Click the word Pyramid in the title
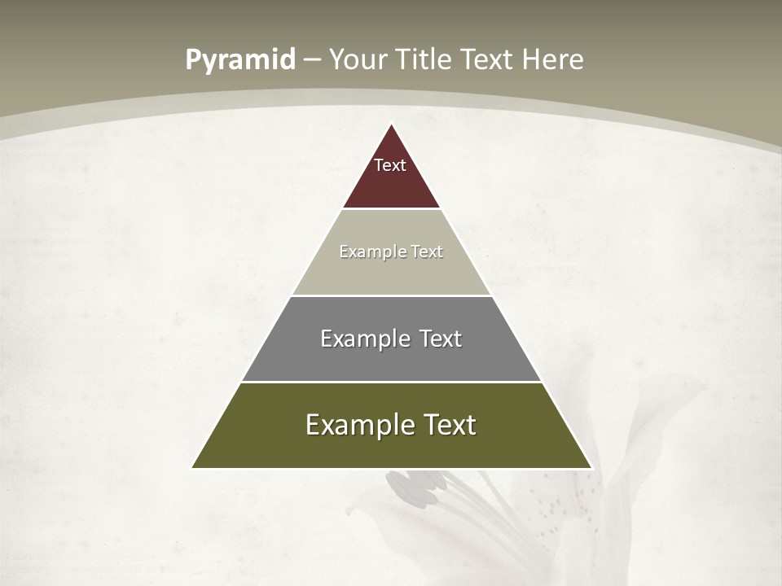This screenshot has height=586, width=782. point(239,59)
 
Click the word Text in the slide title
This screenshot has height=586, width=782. point(489,59)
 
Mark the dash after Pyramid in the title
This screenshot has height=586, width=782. point(312,60)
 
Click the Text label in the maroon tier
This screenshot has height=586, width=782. point(390,165)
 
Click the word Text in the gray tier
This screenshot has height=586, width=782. point(441,339)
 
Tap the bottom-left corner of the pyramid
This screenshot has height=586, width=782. point(192,468)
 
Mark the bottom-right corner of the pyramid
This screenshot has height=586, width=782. point(591,468)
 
